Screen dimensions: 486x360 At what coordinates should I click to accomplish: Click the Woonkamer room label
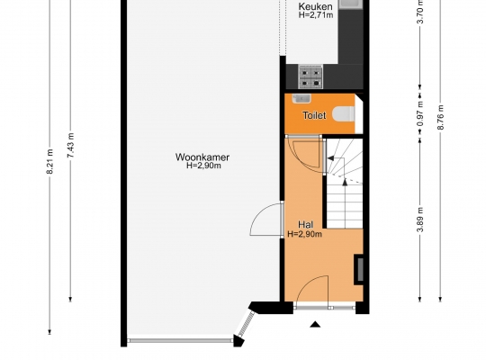pos(202,157)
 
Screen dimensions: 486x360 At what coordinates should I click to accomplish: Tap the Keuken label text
pos(316,6)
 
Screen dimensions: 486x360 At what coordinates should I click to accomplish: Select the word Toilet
pos(314,115)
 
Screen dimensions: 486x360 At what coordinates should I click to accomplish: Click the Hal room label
pos(305,224)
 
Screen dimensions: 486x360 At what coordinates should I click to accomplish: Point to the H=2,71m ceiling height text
pos(316,15)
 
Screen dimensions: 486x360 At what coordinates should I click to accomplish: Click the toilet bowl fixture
pos(344,113)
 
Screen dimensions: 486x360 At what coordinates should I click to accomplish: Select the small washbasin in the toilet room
pos(301,98)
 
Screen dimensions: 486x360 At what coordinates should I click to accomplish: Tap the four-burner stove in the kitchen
pos(310,76)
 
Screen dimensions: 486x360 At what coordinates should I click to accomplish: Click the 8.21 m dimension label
pos(49,161)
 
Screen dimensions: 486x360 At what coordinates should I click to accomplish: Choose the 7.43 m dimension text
pos(70,145)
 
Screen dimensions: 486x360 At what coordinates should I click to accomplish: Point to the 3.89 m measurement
pos(420,220)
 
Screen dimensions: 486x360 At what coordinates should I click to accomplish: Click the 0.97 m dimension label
pos(420,113)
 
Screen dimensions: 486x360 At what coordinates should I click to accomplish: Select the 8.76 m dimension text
pos(440,117)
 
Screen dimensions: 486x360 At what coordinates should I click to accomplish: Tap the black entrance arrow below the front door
pos(315,324)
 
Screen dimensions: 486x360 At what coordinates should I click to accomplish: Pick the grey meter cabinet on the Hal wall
pos(359,269)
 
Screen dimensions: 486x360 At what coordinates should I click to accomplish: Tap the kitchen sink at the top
pos(350,4)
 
